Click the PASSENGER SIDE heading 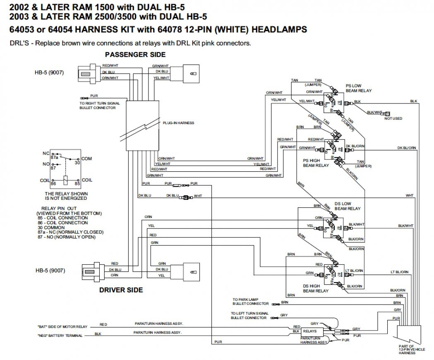click(135, 55)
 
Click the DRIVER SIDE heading click(121, 290)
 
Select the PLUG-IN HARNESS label click(178, 123)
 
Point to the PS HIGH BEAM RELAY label click(316, 163)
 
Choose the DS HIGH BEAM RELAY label click(316, 288)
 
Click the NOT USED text click(393, 118)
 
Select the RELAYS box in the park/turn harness click(309, 331)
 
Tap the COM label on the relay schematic click(87, 158)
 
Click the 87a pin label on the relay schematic click(54, 157)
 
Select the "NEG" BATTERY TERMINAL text click(59, 336)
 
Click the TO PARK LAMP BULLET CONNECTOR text click(250, 301)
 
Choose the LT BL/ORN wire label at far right click(399, 272)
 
